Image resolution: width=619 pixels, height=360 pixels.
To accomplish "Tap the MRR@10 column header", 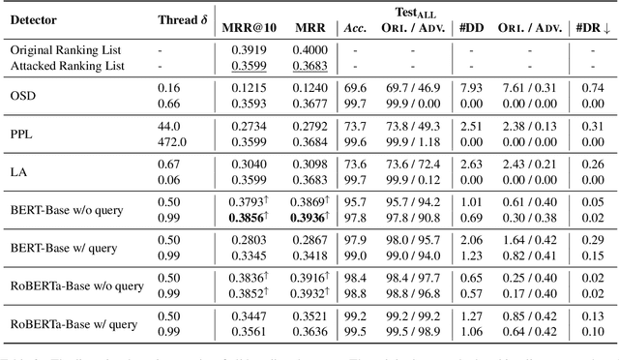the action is click(x=251, y=26).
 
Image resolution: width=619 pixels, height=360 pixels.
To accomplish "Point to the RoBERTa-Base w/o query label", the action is click(x=76, y=285).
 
